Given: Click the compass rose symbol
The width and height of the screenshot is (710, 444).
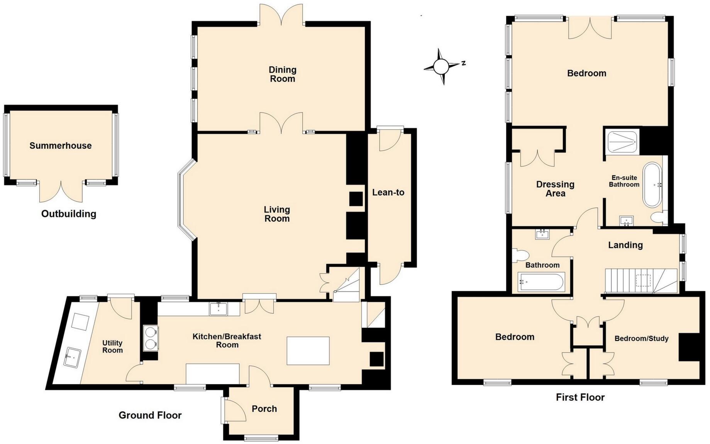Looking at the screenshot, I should (x=441, y=67).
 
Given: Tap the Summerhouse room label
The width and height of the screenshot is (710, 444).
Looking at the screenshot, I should (x=61, y=146).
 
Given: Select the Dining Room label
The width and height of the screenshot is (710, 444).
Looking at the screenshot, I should (x=282, y=74).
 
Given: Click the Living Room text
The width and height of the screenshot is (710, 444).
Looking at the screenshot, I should (x=276, y=214).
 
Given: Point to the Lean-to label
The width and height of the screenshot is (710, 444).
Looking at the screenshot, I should (x=388, y=192).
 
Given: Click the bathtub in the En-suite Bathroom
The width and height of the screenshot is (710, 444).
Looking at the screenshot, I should (x=652, y=185).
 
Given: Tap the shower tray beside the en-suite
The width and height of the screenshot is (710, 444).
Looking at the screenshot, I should (x=622, y=142).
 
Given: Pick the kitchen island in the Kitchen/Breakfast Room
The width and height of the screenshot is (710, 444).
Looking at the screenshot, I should (x=308, y=351).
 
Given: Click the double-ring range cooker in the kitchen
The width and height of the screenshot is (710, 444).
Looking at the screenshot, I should (x=150, y=338).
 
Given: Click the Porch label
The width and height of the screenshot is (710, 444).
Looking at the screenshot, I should (x=264, y=408).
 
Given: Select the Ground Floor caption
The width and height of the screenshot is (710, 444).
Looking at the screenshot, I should (x=150, y=415).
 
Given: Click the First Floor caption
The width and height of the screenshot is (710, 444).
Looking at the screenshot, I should (x=580, y=397).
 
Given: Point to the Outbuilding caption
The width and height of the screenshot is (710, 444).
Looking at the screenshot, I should (x=69, y=214).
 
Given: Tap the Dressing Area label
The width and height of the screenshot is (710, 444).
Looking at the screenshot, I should (x=555, y=189).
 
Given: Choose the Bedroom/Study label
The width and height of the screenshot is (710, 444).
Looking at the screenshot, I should (x=641, y=339).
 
